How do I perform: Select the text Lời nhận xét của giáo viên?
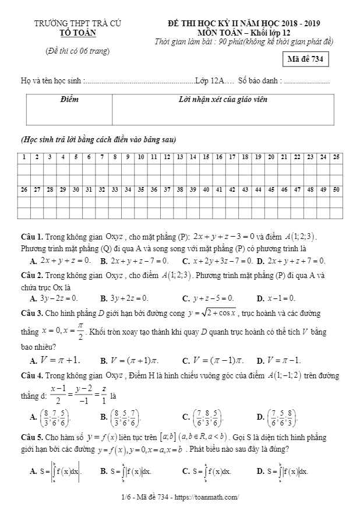click(223, 100)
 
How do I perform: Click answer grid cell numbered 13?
click(180, 157)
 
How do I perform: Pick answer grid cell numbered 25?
click(337, 157)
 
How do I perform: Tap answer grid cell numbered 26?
click(24, 190)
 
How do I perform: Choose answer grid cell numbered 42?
click(232, 190)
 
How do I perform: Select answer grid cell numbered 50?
click(337, 190)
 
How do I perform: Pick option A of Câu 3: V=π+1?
click(55, 360)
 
